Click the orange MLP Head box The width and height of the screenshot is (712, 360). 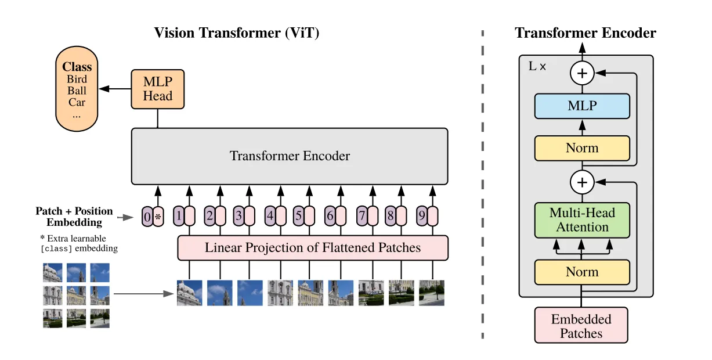tap(158, 89)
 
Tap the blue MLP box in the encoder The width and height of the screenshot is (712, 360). tap(582, 106)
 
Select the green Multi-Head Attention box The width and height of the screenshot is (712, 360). tap(582, 220)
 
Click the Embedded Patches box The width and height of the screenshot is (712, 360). tap(581, 325)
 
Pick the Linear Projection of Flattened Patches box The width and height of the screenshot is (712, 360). tap(313, 248)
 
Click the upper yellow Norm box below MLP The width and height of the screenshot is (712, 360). tap(582, 148)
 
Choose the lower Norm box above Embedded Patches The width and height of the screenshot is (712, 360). tap(582, 272)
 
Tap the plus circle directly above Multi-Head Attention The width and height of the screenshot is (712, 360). tap(582, 182)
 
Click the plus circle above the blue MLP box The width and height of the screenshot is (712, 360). tap(582, 74)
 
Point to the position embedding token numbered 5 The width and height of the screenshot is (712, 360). tap(298, 216)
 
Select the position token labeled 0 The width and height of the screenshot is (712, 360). tap(147, 217)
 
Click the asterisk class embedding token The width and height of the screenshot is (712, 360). tap(158, 217)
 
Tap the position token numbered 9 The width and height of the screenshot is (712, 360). tap(422, 216)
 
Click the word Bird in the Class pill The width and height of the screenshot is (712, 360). tap(77, 79)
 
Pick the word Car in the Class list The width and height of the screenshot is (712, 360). tap(77, 102)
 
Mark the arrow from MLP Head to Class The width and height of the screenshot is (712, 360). tap(115, 89)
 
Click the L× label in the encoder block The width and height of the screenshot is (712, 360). tap(537, 66)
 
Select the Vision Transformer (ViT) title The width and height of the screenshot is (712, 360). tap(237, 33)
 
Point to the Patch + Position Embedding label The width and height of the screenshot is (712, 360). tap(74, 217)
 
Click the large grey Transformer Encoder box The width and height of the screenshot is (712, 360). tap(290, 156)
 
